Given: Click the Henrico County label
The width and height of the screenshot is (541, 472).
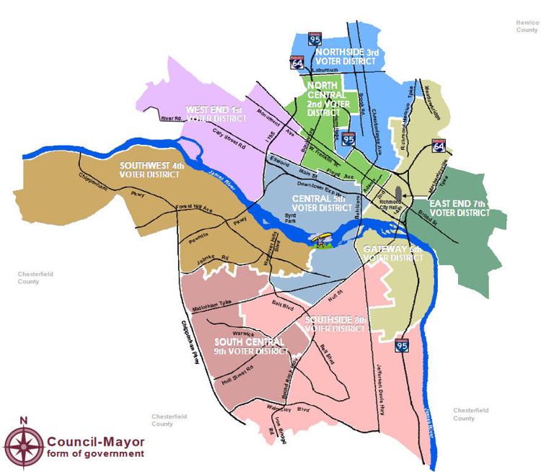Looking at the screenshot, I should click(x=527, y=27).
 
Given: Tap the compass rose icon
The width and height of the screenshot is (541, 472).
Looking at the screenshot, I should click(x=24, y=442).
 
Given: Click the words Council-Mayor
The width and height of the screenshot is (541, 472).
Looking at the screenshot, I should click(x=95, y=441).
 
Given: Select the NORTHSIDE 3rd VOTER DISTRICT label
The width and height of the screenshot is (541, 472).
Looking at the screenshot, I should click(x=346, y=57).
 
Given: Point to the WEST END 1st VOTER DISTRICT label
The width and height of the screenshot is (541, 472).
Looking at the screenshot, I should click(x=214, y=113).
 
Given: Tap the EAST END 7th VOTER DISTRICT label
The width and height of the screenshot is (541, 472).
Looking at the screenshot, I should click(x=459, y=208).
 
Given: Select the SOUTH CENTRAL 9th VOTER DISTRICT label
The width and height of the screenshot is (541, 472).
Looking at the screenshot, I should click(x=250, y=346).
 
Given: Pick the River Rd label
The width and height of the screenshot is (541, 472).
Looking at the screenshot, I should click(x=172, y=118).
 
